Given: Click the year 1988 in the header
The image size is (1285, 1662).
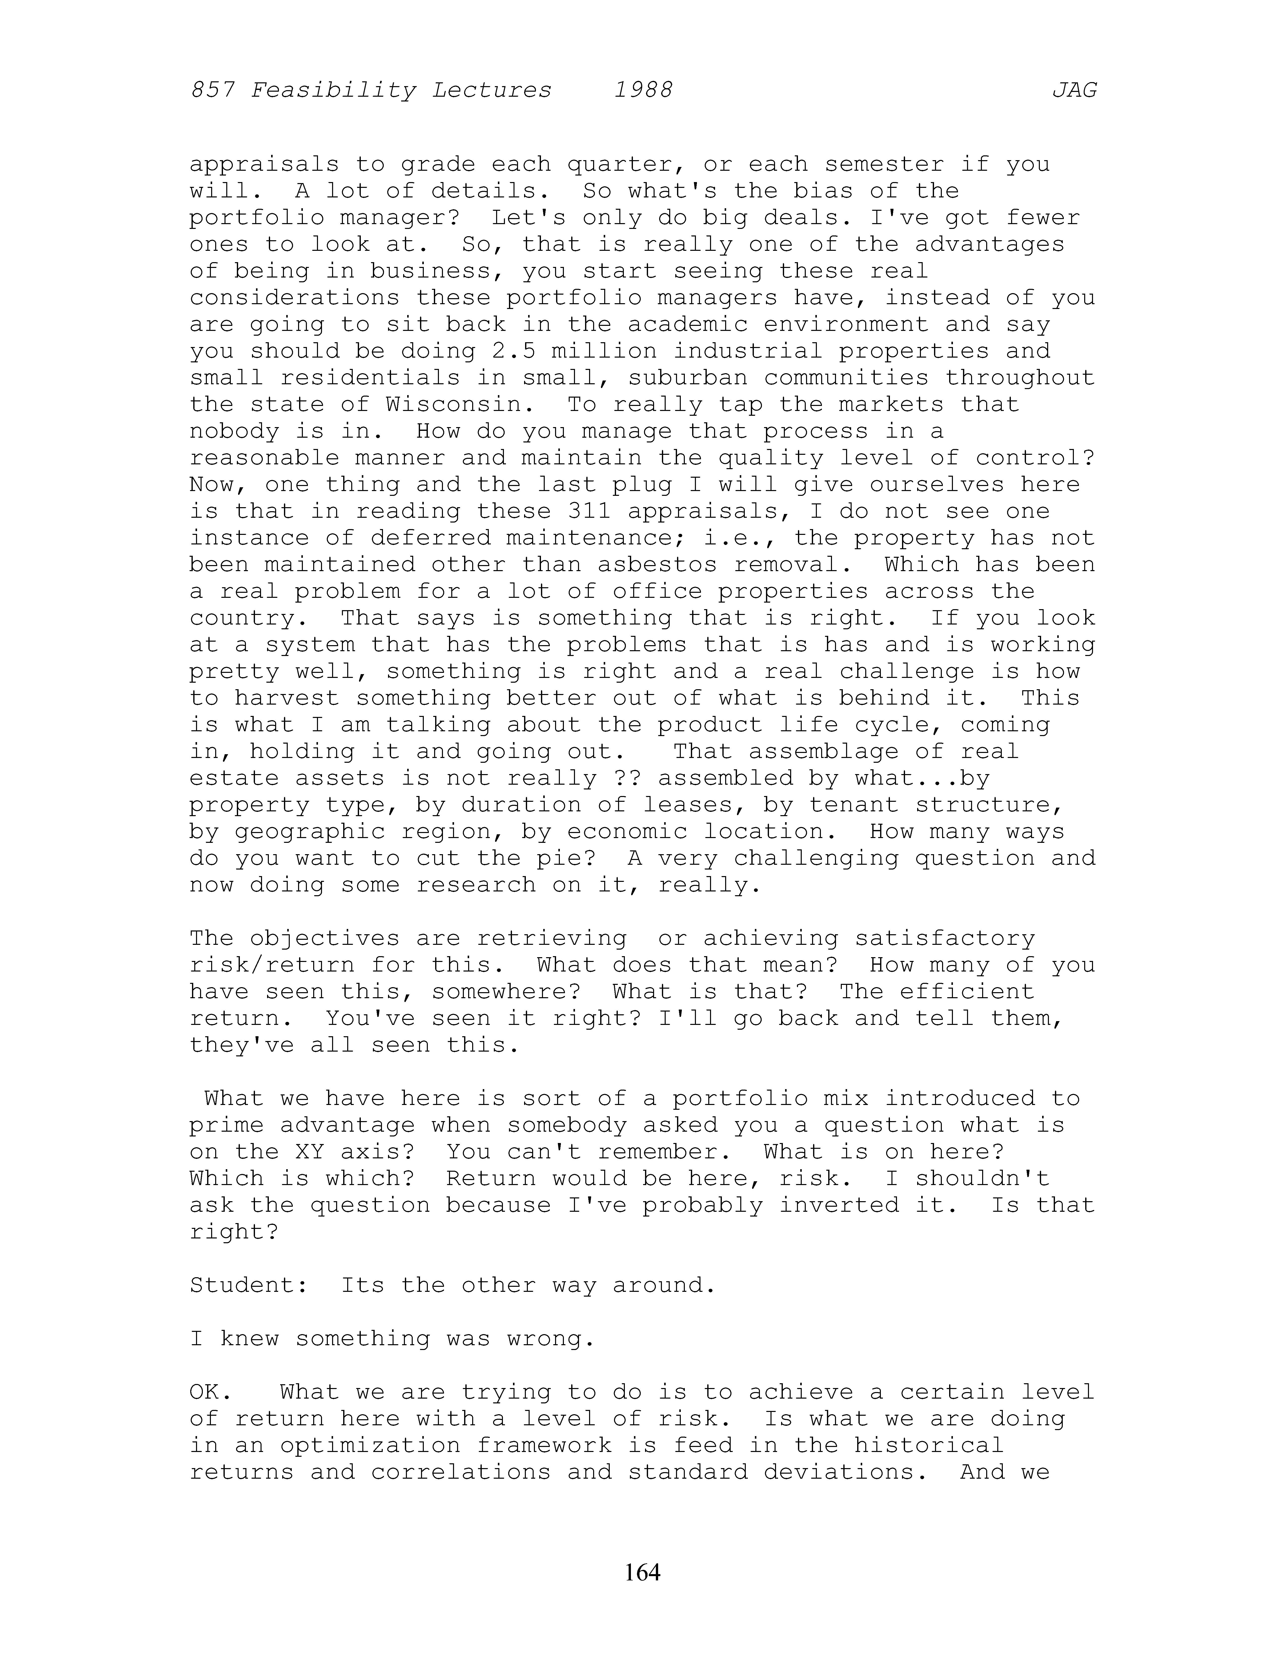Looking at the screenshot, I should point(643,91).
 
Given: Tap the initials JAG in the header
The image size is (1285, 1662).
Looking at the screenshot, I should point(1074,91).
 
